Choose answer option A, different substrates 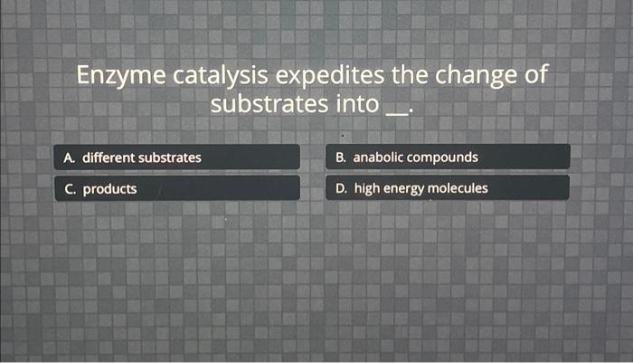(176, 158)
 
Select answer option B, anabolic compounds (448, 158)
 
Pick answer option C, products (176, 189)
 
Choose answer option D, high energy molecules (448, 188)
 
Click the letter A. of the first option (70, 158)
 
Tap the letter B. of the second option (341, 158)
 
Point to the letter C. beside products (70, 189)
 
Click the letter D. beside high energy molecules (341, 188)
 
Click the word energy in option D (404, 189)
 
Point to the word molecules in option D (458, 188)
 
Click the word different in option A (109, 158)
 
